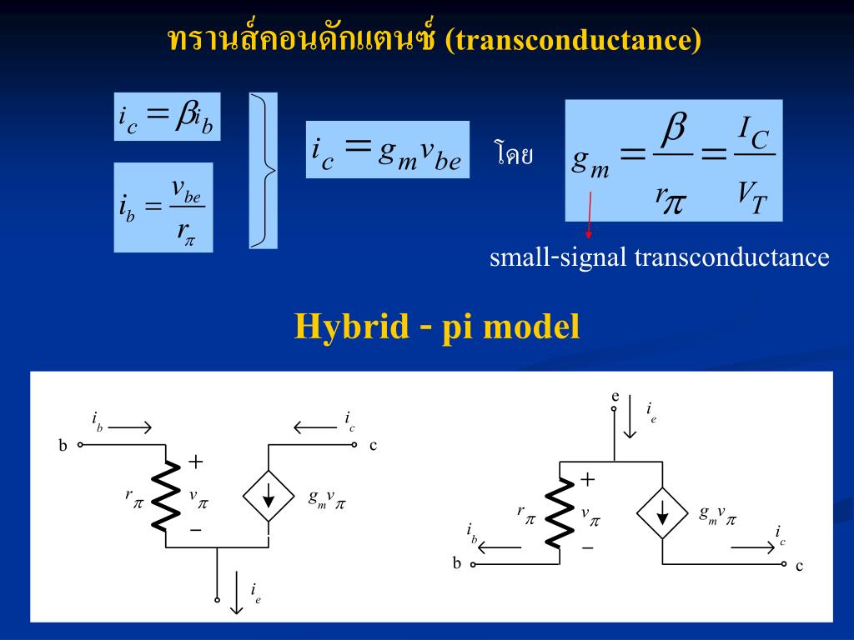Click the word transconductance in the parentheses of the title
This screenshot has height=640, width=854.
(572, 40)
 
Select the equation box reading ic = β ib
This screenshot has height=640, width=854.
(167, 117)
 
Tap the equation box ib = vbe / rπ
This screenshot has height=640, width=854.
(163, 207)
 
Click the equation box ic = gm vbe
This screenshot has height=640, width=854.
(387, 149)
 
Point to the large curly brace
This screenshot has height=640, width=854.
(264, 171)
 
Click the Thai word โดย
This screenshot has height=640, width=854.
(513, 154)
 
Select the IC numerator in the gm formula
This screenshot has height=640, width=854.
(753, 132)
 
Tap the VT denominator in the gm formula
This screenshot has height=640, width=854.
(751, 197)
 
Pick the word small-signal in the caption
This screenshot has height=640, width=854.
(558, 257)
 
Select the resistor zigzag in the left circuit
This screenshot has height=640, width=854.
(168, 495)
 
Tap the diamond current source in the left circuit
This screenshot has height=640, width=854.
(269, 495)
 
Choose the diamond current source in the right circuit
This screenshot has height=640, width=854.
(662, 512)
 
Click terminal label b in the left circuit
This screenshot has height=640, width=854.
(63, 446)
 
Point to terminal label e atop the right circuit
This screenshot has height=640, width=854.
(615, 396)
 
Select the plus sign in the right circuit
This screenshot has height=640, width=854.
(588, 479)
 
